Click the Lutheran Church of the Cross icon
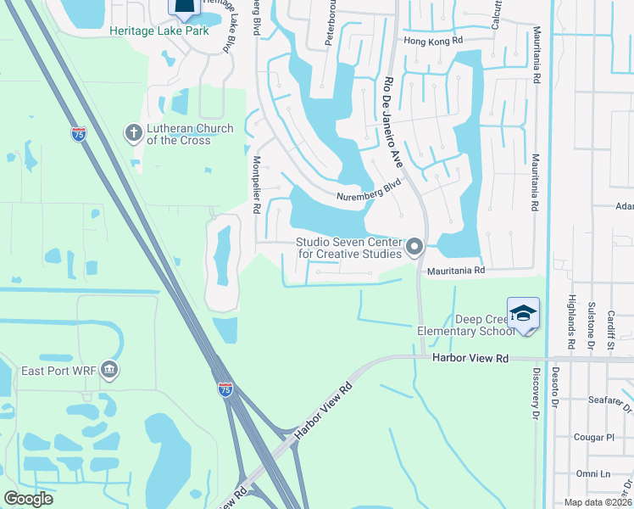coord(132,132)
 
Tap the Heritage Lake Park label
coord(158,31)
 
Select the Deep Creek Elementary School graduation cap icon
coord(524,313)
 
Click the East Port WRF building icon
coord(108,370)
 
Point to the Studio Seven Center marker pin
coord(414,247)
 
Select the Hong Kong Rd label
coord(433,41)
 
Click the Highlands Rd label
coord(572,322)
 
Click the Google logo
coord(28,498)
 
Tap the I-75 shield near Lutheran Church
coord(79,134)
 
